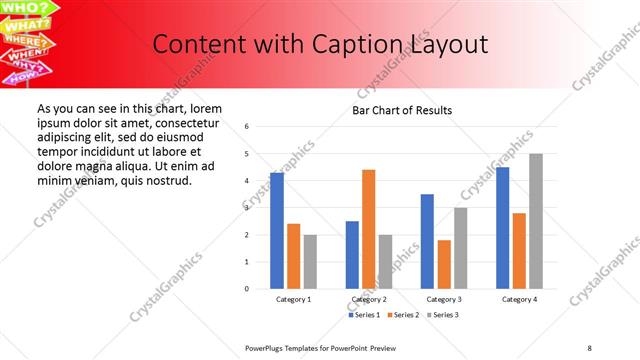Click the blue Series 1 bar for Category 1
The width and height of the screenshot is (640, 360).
tap(276, 230)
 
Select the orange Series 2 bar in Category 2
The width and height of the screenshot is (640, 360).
tap(369, 229)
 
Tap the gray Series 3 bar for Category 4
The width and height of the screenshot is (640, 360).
tap(535, 221)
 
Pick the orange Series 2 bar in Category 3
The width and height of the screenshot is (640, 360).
tap(444, 264)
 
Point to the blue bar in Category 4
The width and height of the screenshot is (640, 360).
tap(502, 228)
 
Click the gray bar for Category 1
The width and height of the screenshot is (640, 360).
tap(310, 262)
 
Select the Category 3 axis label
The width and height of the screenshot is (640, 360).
tap(444, 299)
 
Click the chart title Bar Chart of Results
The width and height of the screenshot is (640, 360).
tap(402, 110)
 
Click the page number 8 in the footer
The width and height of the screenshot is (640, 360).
tap(589, 347)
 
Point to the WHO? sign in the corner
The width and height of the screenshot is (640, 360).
tap(28, 8)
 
